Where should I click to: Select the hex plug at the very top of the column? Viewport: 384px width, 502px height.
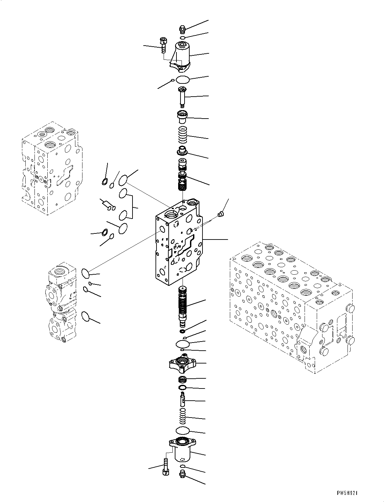coord(182,29)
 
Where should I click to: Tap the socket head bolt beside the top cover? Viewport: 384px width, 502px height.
coord(163,44)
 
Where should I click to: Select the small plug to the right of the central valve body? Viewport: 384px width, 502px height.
coord(221,214)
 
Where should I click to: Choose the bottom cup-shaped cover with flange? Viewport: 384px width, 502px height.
coord(182,449)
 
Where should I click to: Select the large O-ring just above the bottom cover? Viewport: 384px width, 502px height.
coord(183,430)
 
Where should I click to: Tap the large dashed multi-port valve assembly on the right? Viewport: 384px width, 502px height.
coord(291,304)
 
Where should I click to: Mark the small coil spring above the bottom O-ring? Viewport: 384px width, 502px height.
coord(183,416)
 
